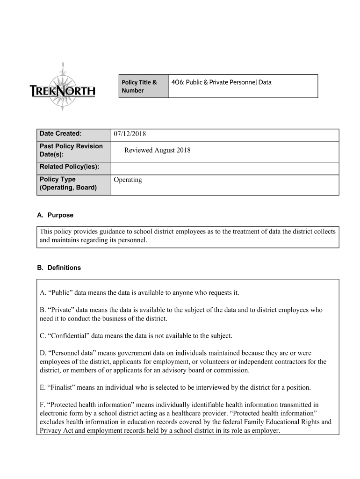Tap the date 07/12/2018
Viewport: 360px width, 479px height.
tap(130, 134)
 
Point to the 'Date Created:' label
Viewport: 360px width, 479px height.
tap(61, 134)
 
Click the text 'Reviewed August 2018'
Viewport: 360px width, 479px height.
tap(157, 150)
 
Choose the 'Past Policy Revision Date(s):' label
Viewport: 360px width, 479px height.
tap(71, 150)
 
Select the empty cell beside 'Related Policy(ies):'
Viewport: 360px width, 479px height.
tap(224, 168)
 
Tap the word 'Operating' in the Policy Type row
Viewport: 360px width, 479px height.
tap(128, 180)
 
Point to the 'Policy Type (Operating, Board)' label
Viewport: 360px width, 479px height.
tap(68, 183)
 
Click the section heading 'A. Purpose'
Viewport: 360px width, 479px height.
tap(55, 216)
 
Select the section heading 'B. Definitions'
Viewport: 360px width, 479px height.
tap(59, 268)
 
